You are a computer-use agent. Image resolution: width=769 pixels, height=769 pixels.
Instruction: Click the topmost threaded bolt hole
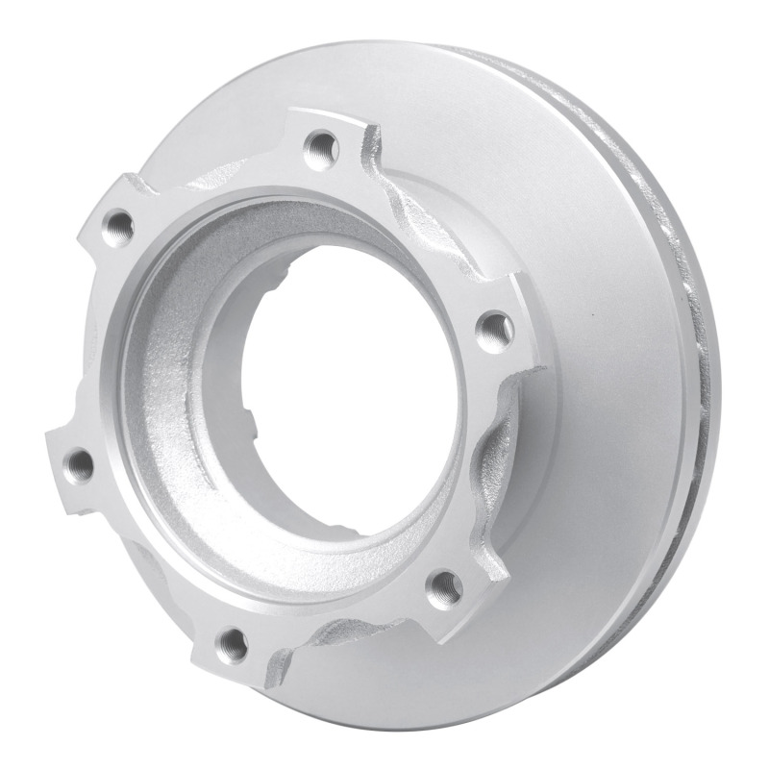(x=320, y=148)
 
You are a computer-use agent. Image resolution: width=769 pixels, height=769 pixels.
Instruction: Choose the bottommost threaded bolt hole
(x=231, y=644)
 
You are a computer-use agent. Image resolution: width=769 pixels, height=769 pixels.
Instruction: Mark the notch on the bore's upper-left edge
(x=280, y=280)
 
